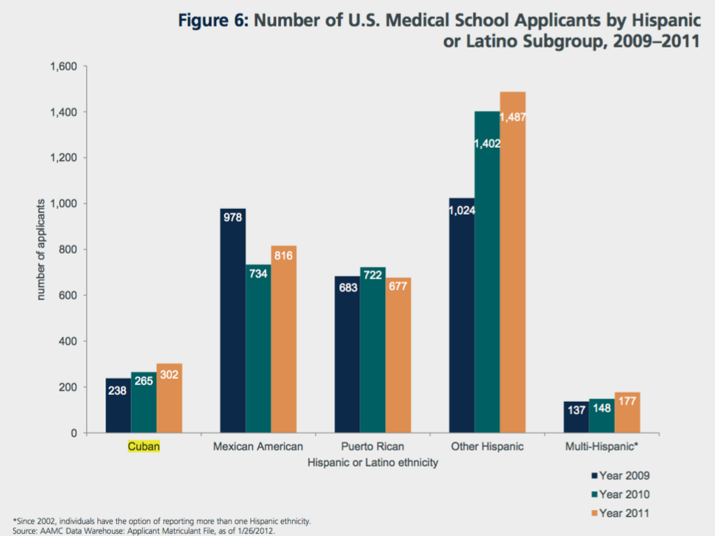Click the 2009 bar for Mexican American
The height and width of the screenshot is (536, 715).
(233, 321)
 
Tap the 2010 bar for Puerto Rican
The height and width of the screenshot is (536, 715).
(373, 349)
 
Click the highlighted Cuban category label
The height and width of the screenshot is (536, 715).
(144, 447)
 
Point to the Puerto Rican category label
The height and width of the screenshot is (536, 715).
(373, 447)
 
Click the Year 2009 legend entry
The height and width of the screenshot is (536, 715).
(621, 476)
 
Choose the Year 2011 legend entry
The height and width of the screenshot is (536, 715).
(621, 514)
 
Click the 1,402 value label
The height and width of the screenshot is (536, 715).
(487, 143)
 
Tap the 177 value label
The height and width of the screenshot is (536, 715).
(628, 401)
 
